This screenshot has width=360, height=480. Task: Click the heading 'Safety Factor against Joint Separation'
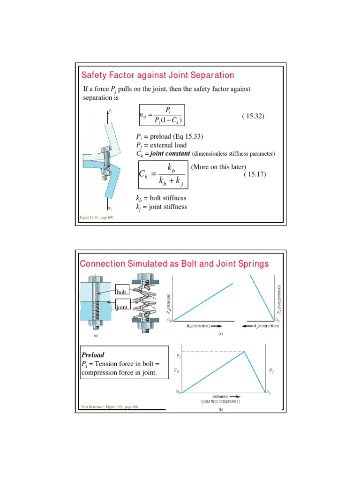tap(157, 75)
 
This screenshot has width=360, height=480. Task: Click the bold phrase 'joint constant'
tap(170, 153)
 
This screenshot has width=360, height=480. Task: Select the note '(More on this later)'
tap(218, 167)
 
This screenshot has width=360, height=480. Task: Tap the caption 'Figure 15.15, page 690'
tap(96, 217)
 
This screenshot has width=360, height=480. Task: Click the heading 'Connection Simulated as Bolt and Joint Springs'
tap(175, 263)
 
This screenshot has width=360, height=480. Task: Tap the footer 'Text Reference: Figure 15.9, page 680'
tap(110, 406)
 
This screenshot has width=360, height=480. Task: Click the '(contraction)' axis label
tap(266, 325)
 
